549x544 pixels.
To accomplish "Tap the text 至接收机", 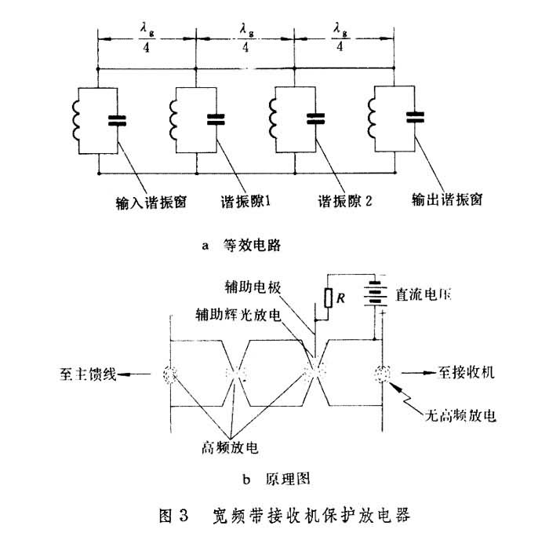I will coord(462,374).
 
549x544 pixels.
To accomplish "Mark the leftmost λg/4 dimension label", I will coord(146,38).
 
